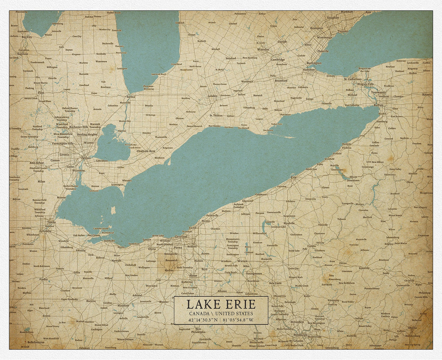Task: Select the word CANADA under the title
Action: (x=199, y=313)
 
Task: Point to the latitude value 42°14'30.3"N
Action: (x=203, y=320)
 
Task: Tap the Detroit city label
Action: (x=86, y=158)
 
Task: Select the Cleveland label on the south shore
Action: (x=180, y=237)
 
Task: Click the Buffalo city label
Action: (x=378, y=105)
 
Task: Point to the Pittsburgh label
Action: (x=300, y=335)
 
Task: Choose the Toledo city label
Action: (x=51, y=222)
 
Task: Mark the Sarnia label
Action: (x=131, y=96)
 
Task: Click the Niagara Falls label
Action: (x=357, y=84)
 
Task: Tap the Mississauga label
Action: (x=325, y=37)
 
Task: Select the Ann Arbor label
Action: (x=37, y=163)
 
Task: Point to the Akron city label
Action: (x=193, y=276)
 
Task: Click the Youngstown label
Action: (x=254, y=273)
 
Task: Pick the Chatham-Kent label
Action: (x=146, y=151)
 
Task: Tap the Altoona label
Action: (x=412, y=328)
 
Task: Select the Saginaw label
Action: (x=22, y=54)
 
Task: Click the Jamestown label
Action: (x=353, y=181)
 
